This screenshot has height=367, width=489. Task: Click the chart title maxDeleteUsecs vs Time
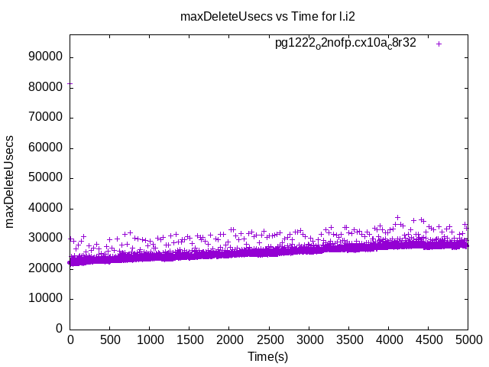[x=267, y=16]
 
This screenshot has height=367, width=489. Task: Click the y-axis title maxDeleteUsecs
[x=11, y=182]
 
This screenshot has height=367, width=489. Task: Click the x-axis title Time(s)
[x=268, y=356]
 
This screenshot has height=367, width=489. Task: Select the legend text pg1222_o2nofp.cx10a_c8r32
[x=345, y=44]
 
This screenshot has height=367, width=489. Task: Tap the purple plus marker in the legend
[x=439, y=44]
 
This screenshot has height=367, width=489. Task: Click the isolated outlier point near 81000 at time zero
[x=70, y=84]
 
